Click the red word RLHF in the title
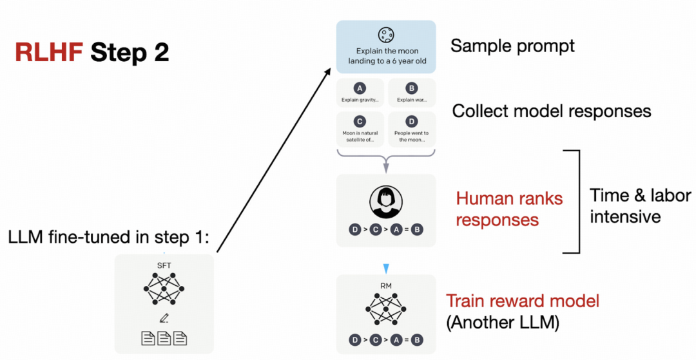tap(49, 52)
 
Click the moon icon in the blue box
tap(386, 35)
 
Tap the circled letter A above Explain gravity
tap(360, 88)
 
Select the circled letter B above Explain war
tap(411, 88)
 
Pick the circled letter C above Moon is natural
tap(360, 121)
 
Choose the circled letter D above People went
tap(411, 121)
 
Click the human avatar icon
tap(386, 202)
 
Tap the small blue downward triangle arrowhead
tap(386, 269)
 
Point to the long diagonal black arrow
tap(274, 160)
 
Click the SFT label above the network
tap(164, 265)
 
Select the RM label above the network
tap(386, 286)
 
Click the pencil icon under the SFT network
tap(164, 318)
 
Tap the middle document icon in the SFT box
tap(164, 338)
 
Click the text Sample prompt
tap(513, 46)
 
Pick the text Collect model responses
tap(552, 111)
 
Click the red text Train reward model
tap(523, 301)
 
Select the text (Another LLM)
tap(503, 323)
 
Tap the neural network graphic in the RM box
tap(386, 309)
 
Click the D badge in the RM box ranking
tap(354, 340)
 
